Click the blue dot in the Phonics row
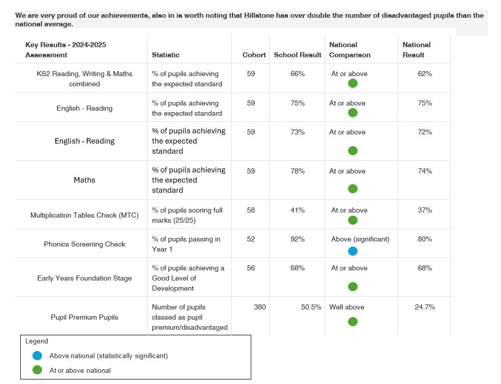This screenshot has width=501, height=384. pyautogui.click(x=353, y=251)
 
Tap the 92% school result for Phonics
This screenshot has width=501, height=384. pyautogui.click(x=297, y=239)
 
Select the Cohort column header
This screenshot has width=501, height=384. pyautogui.click(x=254, y=55)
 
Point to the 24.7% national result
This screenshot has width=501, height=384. pyautogui.click(x=425, y=307)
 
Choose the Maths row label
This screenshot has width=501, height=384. pyautogui.click(x=85, y=180)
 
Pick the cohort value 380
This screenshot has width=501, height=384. pyautogui.click(x=259, y=307)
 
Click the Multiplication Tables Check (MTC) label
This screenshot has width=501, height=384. pyautogui.click(x=85, y=215)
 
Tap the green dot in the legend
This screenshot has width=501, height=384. pyautogui.click(x=37, y=370)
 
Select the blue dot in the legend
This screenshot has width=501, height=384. pyautogui.click(x=37, y=356)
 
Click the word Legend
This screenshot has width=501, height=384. pyautogui.click(x=36, y=341)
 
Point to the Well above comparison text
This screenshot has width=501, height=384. pyautogui.click(x=346, y=307)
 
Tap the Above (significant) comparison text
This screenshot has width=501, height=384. pyautogui.click(x=360, y=239)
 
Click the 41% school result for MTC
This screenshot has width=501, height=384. pyautogui.click(x=297, y=210)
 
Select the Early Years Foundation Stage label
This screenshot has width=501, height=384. pyautogui.click(x=85, y=278)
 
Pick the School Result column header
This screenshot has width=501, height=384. pyautogui.click(x=297, y=55)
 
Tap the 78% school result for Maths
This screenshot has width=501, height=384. pyautogui.click(x=297, y=171)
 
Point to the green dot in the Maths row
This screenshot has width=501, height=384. pyautogui.click(x=353, y=189)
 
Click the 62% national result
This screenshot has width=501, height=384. pyautogui.click(x=425, y=74)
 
